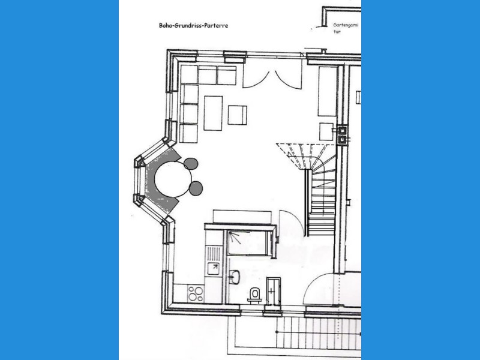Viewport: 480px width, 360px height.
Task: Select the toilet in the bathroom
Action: tap(254, 294)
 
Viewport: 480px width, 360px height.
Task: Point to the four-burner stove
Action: tap(196, 293)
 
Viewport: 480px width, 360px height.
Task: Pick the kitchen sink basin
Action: tap(213, 268)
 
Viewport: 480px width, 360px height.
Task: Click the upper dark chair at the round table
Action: tap(191, 163)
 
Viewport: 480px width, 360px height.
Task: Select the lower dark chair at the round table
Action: tap(196, 187)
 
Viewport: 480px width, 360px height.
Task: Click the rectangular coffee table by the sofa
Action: tap(213, 113)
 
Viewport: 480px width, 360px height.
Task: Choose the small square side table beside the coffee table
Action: tap(238, 115)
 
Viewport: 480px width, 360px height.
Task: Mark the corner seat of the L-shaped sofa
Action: tap(189, 75)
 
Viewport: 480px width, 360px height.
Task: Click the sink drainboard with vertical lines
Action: tap(213, 251)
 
